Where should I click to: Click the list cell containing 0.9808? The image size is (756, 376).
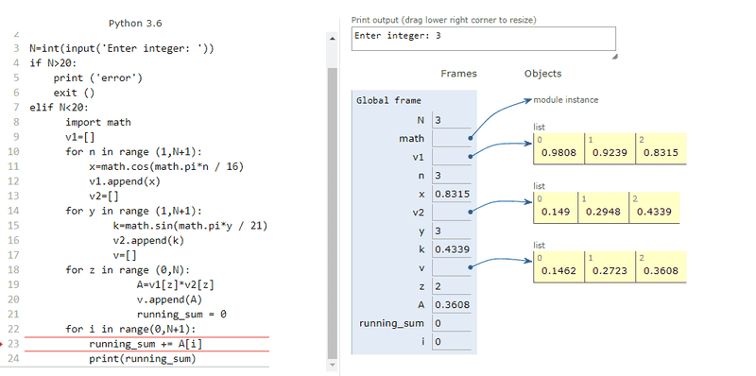[x=558, y=148]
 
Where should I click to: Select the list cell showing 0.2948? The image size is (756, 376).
[x=603, y=208]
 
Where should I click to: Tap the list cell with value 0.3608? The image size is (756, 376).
[x=661, y=266]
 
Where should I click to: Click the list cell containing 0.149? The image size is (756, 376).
[x=556, y=208]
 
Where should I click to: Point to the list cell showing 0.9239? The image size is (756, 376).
[x=610, y=148]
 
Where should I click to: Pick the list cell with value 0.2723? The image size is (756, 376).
[x=610, y=266]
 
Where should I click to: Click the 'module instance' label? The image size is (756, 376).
[x=565, y=100]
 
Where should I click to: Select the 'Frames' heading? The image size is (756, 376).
[x=458, y=74]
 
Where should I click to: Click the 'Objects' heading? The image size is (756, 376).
[x=542, y=74]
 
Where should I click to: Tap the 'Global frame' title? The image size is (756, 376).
[x=388, y=101]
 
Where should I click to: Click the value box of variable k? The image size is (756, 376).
[x=452, y=249]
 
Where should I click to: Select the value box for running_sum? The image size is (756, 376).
[x=452, y=323]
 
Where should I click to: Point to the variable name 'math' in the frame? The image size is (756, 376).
[x=412, y=139]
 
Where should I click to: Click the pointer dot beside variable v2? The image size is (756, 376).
[x=470, y=211]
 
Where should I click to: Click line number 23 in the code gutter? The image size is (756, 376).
[x=13, y=344]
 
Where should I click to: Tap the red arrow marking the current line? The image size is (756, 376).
[x=2, y=344]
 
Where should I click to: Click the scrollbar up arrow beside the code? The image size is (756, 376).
[x=332, y=39]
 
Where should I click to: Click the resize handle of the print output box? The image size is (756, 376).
[x=615, y=57]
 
